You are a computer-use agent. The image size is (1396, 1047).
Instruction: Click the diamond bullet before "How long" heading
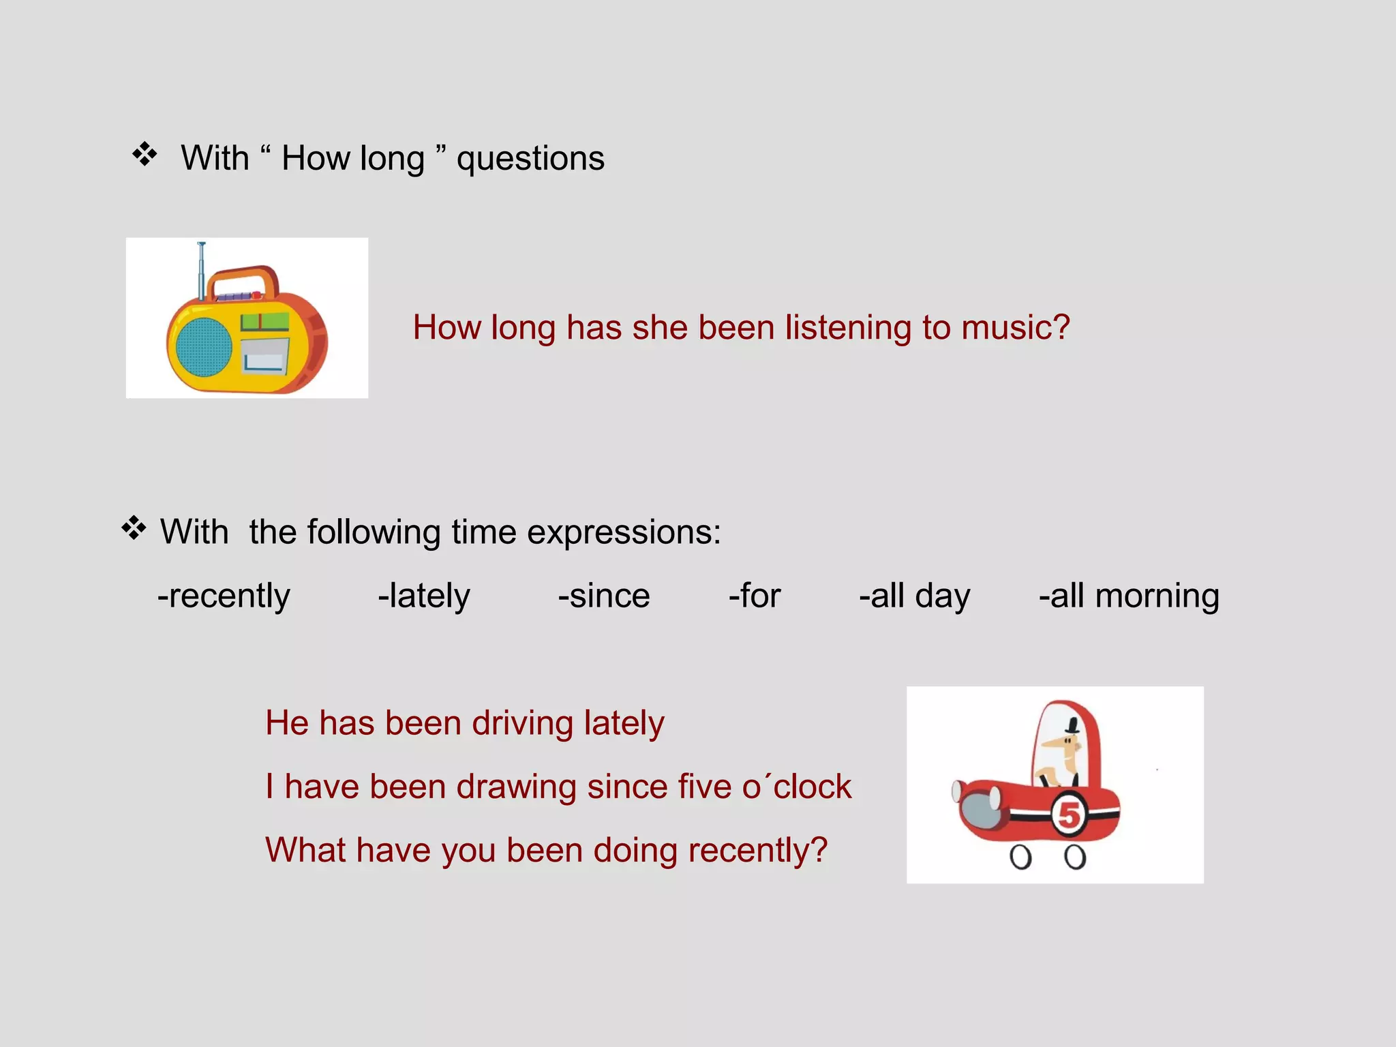(145, 155)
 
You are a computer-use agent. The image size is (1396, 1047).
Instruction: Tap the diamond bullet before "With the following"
(134, 528)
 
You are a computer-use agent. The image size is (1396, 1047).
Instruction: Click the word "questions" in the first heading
(530, 160)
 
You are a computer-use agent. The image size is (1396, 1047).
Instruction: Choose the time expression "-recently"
(224, 596)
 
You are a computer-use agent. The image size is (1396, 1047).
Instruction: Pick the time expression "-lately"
(424, 596)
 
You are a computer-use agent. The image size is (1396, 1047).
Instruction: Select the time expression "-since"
(604, 596)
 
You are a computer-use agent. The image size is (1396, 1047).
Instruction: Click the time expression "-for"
(755, 596)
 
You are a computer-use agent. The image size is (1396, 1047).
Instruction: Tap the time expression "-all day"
(914, 596)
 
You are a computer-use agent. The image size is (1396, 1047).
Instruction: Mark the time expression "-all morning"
(1129, 596)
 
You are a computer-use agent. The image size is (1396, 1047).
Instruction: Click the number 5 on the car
(1068, 815)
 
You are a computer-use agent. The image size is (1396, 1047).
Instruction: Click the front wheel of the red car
(1020, 857)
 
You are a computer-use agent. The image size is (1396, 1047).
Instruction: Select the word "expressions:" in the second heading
(624, 533)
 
